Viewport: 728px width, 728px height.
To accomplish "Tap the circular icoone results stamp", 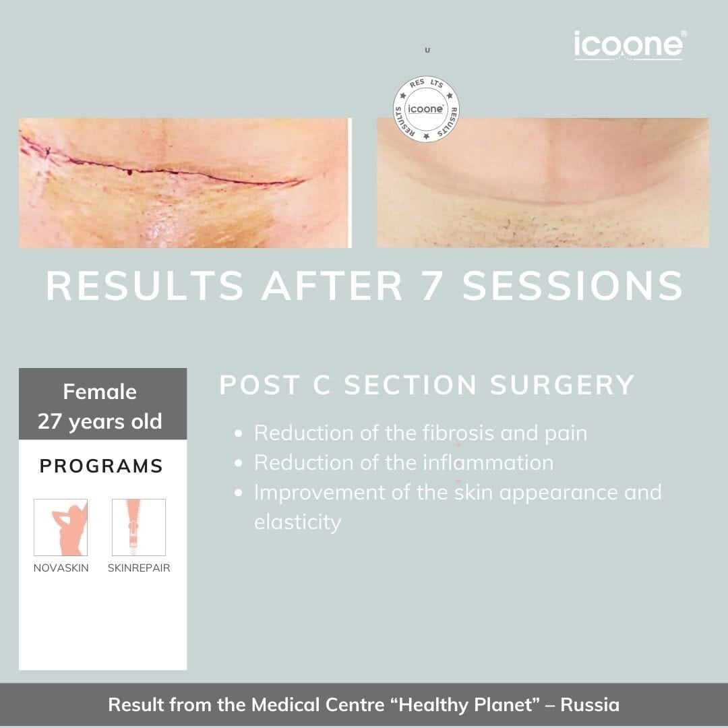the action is coord(426,109).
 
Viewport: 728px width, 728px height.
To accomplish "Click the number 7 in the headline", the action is coord(431,286).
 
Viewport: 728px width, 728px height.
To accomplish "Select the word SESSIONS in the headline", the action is coord(572,286).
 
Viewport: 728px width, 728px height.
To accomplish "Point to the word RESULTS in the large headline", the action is coord(145,286).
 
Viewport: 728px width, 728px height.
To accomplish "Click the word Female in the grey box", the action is coord(100,392).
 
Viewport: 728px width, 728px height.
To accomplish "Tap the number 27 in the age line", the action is coord(50,421).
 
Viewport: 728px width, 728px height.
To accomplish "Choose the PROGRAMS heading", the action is coord(101,466).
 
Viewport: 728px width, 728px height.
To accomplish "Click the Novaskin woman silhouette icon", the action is coord(61,527).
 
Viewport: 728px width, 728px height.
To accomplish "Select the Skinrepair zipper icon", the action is coord(139,527).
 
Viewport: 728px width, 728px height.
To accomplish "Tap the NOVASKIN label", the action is coord(61,568).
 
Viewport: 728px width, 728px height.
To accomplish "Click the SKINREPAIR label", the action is coord(139,568).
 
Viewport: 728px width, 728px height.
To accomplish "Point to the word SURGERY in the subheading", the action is coord(562,385).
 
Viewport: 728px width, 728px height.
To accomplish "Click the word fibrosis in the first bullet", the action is coord(458,433).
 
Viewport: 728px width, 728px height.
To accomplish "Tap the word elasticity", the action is coord(298,522).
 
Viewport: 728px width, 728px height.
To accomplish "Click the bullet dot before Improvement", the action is coord(239,493).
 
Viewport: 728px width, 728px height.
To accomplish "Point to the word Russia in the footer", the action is coord(590,705).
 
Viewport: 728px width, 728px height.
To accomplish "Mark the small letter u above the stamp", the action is coord(427,50).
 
